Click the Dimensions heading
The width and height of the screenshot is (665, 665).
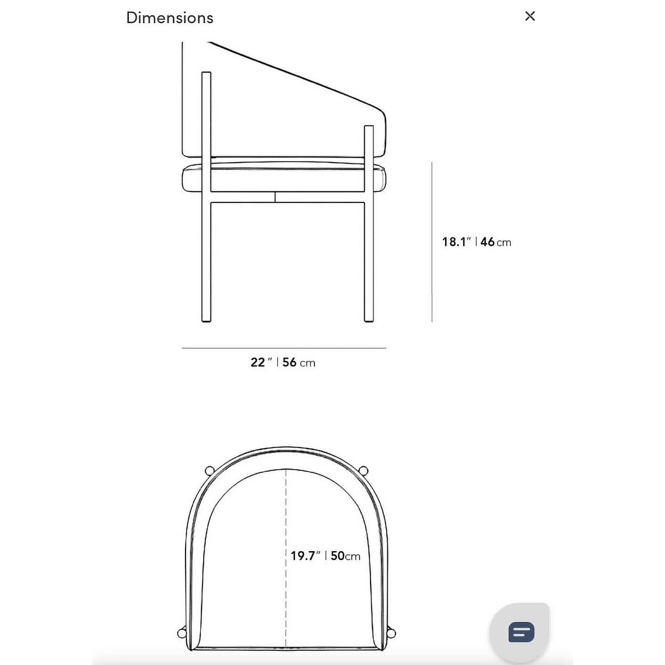[x=170, y=18]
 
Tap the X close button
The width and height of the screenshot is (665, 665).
[x=530, y=16]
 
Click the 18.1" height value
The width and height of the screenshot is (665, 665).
[x=456, y=242]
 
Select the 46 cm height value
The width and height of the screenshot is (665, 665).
[x=495, y=242]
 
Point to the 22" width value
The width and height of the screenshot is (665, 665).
[x=261, y=362]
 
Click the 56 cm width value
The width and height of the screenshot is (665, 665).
[x=299, y=362]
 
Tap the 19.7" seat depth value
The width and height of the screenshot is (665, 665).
[x=305, y=556]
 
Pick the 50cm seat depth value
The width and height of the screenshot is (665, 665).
[x=345, y=556]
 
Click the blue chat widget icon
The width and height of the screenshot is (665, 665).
[x=521, y=632]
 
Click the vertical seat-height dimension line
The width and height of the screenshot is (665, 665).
[x=432, y=242]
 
